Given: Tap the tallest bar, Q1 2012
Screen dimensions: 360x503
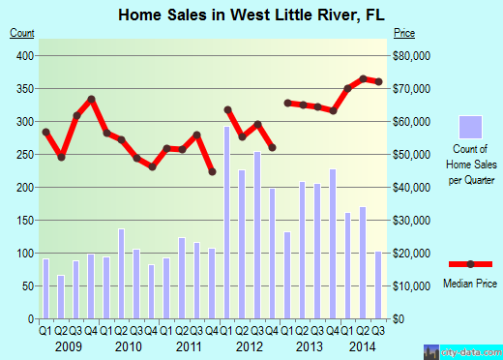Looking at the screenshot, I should click(x=227, y=223).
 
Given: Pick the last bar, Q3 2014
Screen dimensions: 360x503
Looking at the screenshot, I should click(x=378, y=285).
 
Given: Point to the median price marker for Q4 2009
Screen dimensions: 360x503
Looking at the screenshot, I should click(x=91, y=99).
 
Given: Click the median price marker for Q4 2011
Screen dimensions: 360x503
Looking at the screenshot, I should click(x=212, y=172).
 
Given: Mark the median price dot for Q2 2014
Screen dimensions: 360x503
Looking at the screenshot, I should click(x=363, y=78).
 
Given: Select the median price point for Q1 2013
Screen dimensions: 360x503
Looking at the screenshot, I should click(x=287, y=103).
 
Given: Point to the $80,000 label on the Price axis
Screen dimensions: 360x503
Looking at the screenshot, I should click(x=410, y=56).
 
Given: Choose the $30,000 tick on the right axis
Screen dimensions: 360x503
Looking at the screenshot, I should click(x=410, y=221).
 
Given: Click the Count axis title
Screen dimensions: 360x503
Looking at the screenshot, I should click(x=21, y=35).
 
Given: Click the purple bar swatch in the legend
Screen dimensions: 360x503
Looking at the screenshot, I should click(x=469, y=127).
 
